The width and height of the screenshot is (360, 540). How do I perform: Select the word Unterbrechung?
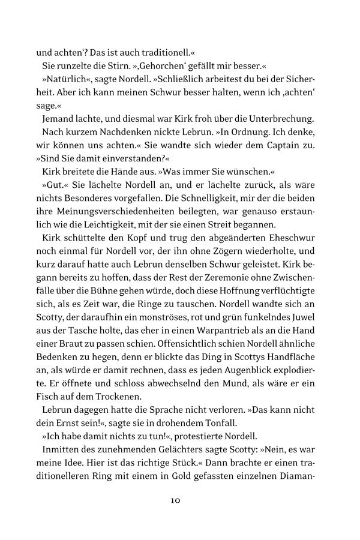281,119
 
